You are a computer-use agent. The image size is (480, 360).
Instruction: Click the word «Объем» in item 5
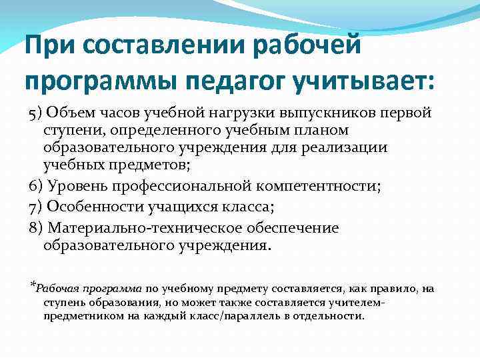[71, 111]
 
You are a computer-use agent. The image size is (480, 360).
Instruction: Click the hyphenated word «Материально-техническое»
[144, 228]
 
